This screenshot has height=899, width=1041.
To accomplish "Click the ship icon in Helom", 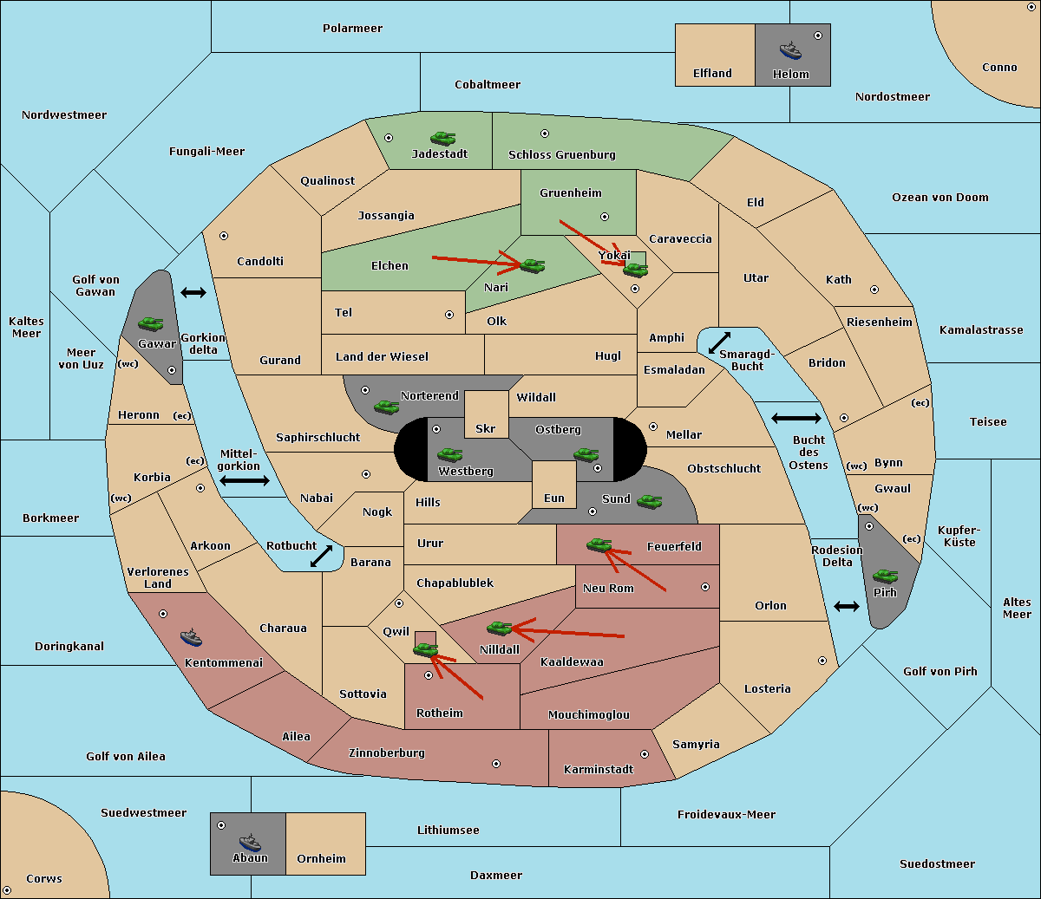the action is (790, 51).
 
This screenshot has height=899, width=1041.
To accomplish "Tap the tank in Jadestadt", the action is (442, 138).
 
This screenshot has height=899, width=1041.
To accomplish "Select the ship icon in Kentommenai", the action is (191, 637).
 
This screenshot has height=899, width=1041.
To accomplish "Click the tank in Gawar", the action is (150, 323).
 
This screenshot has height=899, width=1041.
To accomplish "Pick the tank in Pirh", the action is (885, 576).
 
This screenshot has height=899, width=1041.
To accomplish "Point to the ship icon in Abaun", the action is (250, 842).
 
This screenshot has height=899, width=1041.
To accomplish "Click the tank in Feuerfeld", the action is (599, 544).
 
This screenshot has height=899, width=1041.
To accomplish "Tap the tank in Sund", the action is (649, 501).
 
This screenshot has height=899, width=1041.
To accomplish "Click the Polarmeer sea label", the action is (352, 29).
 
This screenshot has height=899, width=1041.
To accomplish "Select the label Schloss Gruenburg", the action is (562, 154).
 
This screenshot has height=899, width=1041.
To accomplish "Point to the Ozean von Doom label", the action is (940, 198).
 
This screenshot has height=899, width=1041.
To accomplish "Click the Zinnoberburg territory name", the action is (387, 753).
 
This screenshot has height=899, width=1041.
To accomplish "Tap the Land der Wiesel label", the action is (382, 357).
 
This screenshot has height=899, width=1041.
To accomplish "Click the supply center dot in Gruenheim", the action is (605, 217).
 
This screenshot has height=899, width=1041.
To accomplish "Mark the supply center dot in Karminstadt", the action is (645, 754).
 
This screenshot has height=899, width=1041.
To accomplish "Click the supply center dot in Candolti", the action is (224, 236).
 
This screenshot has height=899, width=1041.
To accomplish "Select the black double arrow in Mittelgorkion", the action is (245, 480).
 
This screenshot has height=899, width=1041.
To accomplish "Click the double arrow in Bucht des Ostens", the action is (796, 418).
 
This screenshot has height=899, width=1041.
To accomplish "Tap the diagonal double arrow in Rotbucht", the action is (321, 556).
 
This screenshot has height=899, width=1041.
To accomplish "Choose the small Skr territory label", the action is (486, 428).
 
